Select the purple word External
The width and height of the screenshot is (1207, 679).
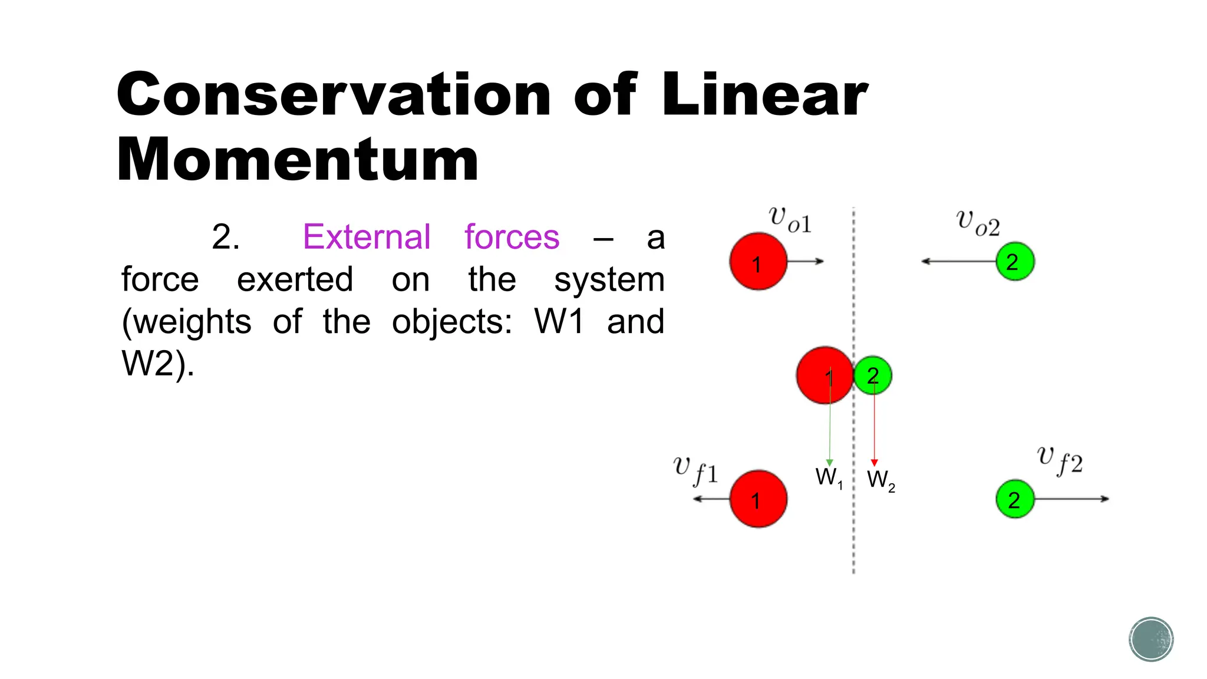tap(367, 237)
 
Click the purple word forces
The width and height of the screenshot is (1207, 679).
tap(512, 237)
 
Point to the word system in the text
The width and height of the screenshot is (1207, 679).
tap(609, 279)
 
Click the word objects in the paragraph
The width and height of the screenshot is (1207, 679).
tap(452, 322)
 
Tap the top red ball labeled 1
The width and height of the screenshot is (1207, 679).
tap(758, 262)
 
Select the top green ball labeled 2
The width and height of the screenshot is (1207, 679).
tap(1015, 262)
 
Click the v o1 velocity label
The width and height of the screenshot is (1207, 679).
tap(790, 220)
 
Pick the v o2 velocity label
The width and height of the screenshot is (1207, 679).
tap(978, 223)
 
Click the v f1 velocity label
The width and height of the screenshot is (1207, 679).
tap(695, 470)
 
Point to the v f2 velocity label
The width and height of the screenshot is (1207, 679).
tap(1060, 460)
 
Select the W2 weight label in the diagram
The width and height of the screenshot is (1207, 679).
tap(880, 480)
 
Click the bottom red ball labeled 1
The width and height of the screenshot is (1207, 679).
tap(758, 499)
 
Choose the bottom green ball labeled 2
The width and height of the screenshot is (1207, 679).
tap(1015, 499)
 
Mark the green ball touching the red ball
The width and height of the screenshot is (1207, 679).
tap(873, 375)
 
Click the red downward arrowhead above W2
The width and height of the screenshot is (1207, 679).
tap(874, 463)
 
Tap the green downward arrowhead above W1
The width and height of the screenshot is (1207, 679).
tap(829, 463)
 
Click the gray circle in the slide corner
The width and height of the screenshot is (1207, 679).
tap(1151, 640)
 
